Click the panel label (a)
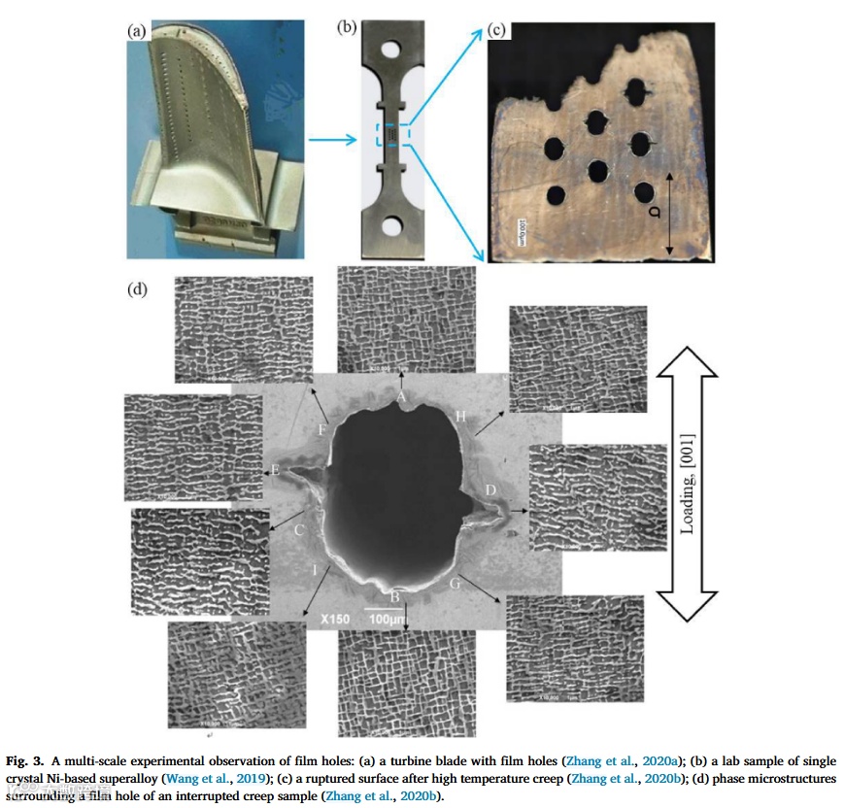137,29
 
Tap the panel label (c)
497,29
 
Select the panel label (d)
138,288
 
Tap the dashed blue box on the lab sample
392,136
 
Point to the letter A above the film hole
400,395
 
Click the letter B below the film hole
394,593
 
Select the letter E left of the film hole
275,470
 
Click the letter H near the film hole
461,416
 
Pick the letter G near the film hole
455,583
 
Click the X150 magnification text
334,617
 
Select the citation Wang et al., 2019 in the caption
213,779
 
